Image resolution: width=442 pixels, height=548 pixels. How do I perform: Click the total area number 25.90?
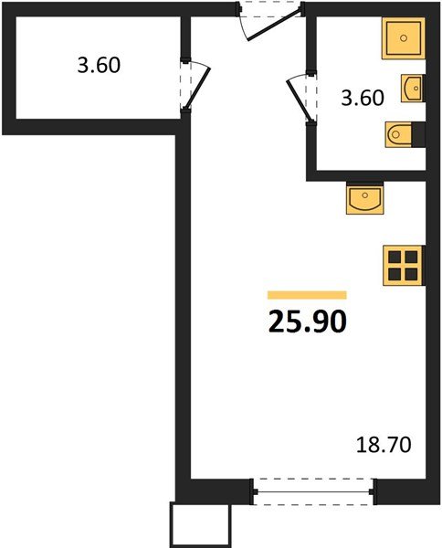point(308,321)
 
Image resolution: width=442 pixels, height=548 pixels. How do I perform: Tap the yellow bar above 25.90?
point(307,295)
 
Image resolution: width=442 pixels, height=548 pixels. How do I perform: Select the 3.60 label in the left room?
point(99,66)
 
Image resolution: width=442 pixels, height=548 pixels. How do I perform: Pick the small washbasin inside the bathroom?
point(412,90)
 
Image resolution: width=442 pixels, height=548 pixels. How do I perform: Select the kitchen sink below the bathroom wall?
point(367,197)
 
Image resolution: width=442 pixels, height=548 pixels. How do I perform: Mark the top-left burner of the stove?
point(395,257)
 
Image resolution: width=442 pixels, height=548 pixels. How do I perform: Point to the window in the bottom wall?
point(314,491)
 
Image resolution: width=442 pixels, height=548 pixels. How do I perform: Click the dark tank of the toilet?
point(419,135)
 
